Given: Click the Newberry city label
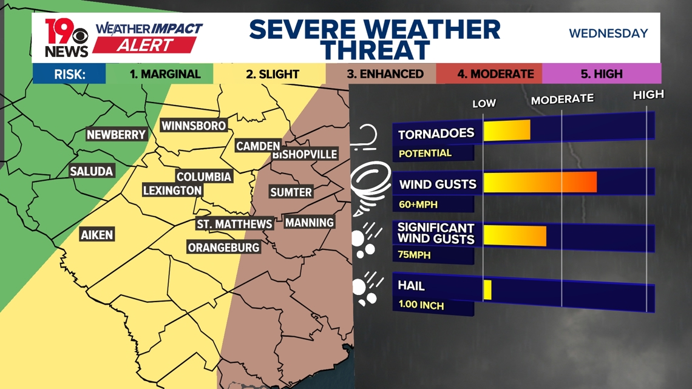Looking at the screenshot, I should click(116, 135).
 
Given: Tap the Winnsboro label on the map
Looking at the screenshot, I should click(194, 126).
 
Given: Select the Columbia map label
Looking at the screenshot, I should click(204, 177).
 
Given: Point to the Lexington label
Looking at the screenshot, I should click(172, 191).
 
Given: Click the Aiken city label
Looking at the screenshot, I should click(97, 235).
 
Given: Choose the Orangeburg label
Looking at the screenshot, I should click(223, 248).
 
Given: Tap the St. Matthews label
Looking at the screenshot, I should click(234, 224).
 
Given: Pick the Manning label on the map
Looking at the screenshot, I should click(310, 223).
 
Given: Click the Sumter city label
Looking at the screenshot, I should click(291, 192).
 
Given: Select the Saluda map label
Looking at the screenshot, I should click(92, 171).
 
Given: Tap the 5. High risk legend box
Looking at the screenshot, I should click(601, 74).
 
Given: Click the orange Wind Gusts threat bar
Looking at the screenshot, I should click(540, 182).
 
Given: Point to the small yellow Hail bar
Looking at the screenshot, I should click(487, 289).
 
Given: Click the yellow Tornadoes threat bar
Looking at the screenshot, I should click(506, 130).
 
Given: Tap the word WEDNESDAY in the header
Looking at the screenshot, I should click(608, 33).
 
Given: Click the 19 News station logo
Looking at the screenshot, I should click(66, 38).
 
